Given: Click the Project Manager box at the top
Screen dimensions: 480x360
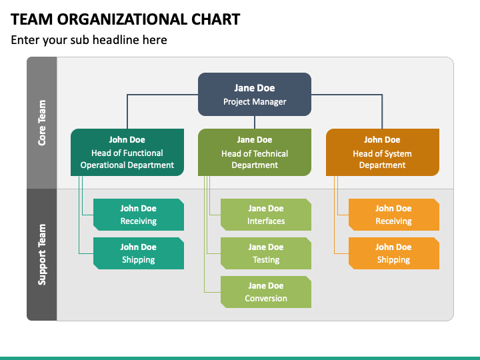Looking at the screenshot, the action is click(255, 94).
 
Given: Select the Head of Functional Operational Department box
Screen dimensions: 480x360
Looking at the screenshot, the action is click(127, 153).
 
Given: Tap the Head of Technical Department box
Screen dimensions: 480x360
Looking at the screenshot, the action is click(255, 153).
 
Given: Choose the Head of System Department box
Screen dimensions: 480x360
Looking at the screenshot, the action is click(383, 153).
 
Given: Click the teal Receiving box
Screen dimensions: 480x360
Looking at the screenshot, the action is click(139, 215).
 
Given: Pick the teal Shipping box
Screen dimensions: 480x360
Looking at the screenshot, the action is click(139, 253).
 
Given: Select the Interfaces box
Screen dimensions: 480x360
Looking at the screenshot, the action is click(266, 215).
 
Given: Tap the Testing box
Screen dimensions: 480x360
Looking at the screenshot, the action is click(266, 253).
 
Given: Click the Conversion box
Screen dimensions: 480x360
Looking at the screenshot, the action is click(266, 292).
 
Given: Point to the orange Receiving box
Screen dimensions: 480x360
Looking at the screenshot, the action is click(394, 215).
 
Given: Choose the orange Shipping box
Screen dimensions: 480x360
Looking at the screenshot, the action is click(394, 253).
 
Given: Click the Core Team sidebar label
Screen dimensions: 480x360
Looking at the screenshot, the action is click(42, 123).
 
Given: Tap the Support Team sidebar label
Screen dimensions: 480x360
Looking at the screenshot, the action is click(42, 255).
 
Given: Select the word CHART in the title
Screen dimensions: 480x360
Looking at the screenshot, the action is click(216, 19).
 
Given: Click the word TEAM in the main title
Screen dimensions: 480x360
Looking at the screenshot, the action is click(32, 19).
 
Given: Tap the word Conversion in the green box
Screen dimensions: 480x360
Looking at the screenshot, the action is click(266, 298).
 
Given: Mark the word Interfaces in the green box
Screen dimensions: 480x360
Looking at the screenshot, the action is click(266, 221).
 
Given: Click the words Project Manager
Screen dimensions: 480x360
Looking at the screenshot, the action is click(255, 101).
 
